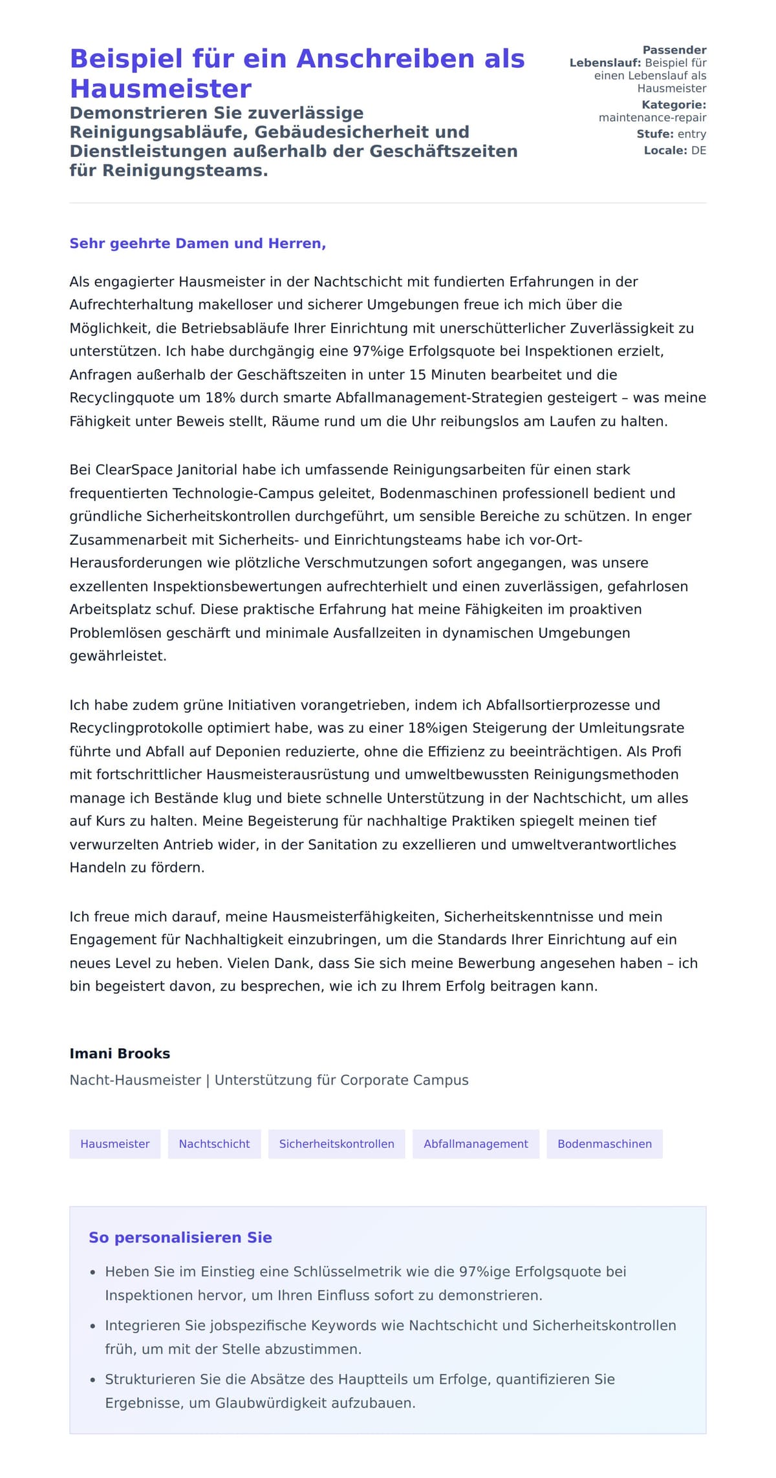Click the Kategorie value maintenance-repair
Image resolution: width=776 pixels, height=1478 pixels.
point(652,118)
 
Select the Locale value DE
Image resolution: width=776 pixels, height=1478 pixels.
point(698,151)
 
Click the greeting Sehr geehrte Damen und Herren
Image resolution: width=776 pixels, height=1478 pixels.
point(197,244)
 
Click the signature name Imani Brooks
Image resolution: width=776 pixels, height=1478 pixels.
point(120,1053)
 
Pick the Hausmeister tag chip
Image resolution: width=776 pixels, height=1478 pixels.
point(114,1144)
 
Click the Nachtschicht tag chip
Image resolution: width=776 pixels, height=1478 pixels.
point(214,1144)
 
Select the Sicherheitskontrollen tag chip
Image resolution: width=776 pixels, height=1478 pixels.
point(336,1144)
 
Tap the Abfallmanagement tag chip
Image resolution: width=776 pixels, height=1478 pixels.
point(475,1144)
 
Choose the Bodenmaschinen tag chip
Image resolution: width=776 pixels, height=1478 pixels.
point(604,1144)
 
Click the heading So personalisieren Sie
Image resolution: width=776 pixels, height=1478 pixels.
point(180,1238)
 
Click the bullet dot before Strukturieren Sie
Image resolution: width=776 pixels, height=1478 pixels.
point(92,1380)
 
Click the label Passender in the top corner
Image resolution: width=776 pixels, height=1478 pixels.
point(674,50)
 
